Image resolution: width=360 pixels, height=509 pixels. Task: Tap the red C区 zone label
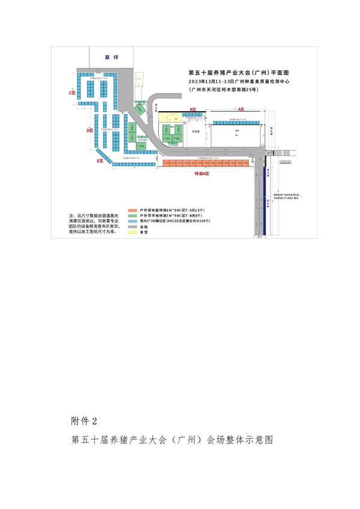point(73,93)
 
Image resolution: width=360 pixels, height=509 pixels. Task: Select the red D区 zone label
point(89,130)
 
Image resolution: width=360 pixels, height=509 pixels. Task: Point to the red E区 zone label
point(100,161)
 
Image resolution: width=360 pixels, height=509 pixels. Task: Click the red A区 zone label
point(242,109)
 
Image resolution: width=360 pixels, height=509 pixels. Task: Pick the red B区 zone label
point(193,109)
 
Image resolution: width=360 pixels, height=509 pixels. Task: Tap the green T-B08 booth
point(142,145)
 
